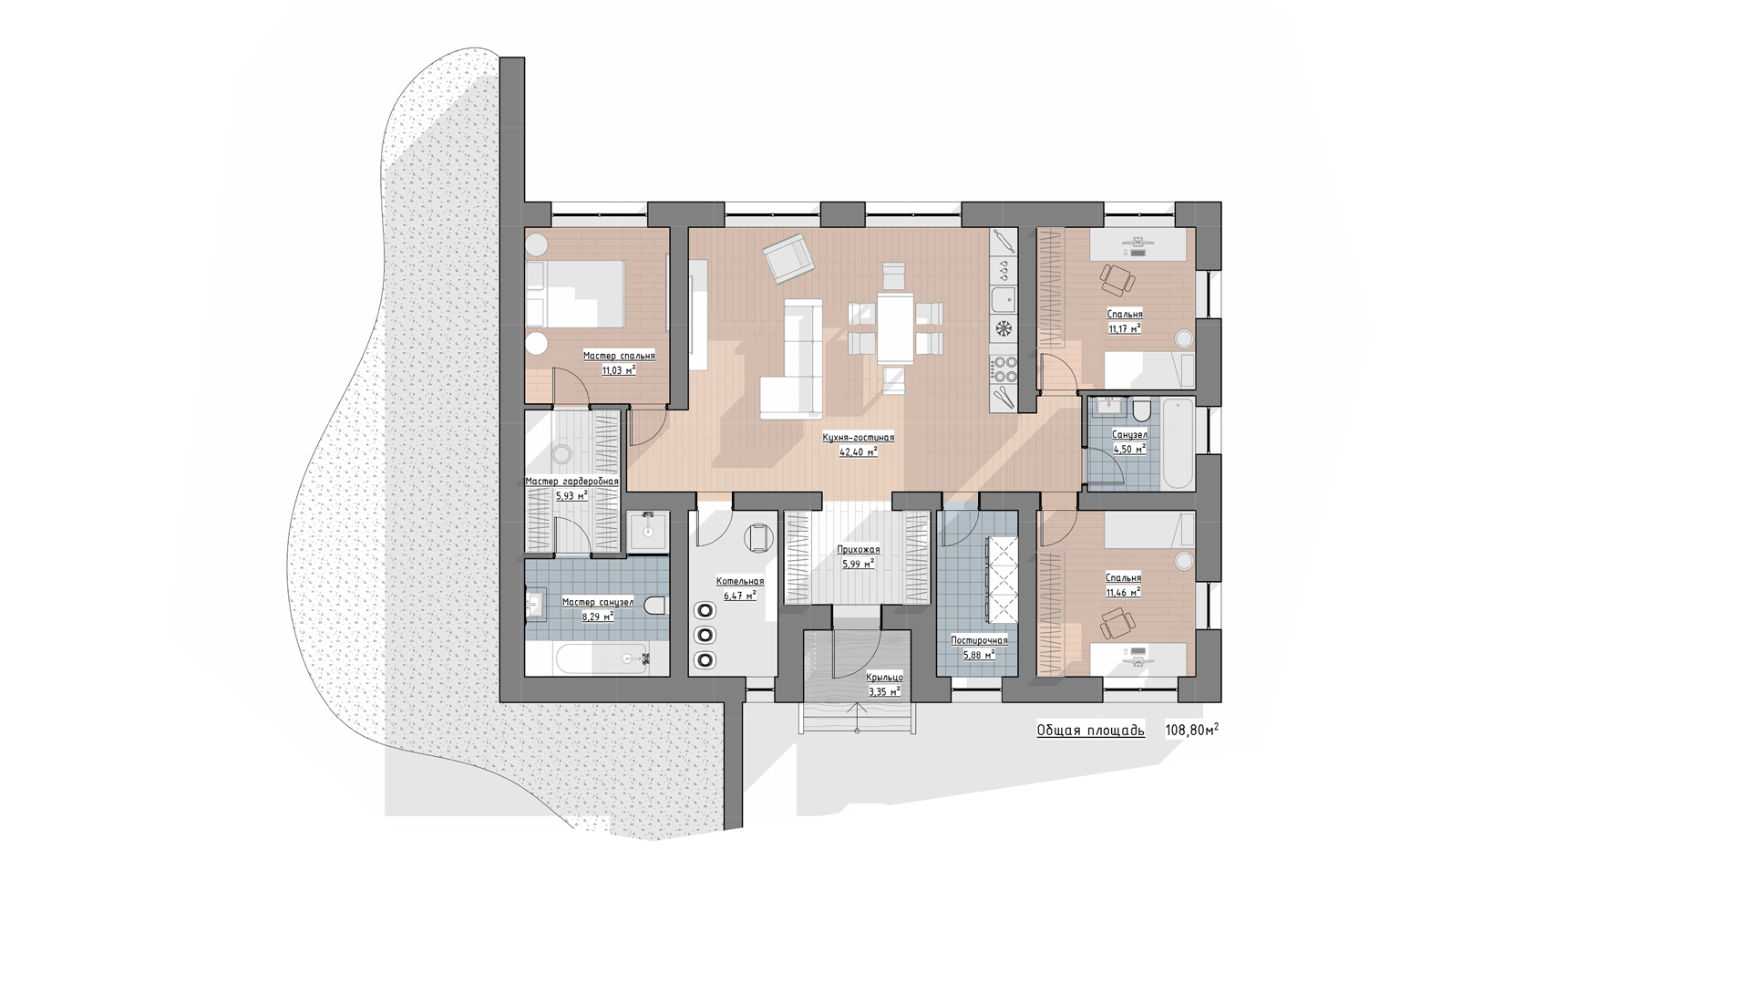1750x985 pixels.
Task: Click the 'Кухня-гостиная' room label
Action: (x=858, y=438)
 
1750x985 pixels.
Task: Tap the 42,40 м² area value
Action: (x=858, y=451)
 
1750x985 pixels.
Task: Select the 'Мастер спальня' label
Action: (x=619, y=356)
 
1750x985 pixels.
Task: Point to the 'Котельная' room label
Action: (x=740, y=581)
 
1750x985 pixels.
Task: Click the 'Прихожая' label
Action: (x=859, y=550)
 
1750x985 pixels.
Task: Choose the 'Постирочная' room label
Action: (x=979, y=640)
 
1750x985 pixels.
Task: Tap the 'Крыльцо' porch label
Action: (x=884, y=677)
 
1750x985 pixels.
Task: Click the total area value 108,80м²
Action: (x=1191, y=730)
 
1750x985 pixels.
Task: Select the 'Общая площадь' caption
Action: (x=1090, y=731)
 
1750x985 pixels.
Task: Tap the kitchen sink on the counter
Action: (x=1004, y=298)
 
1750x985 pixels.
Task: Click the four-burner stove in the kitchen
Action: (x=1004, y=369)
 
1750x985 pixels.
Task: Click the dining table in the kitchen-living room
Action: (x=895, y=327)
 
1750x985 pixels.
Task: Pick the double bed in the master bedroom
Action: (x=577, y=294)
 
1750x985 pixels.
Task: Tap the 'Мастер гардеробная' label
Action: (x=572, y=482)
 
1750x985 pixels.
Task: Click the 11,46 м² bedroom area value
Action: (x=1123, y=592)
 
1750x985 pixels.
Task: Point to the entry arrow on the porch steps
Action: (x=857, y=715)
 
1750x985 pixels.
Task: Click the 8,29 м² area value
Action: (x=598, y=616)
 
